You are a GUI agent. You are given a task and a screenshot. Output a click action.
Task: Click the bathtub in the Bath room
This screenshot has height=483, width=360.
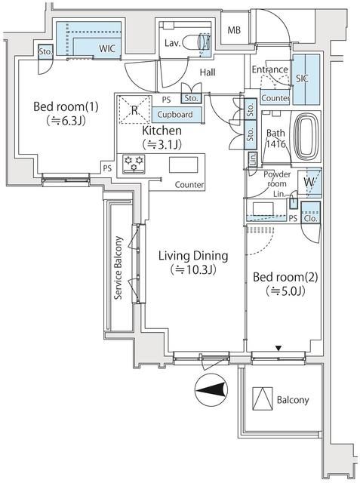pyautogui.click(x=306, y=138)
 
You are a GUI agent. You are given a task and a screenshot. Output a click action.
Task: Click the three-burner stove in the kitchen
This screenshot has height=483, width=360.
pyautogui.click(x=134, y=164)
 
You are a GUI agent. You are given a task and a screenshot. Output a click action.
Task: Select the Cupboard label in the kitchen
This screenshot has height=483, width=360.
pyautogui.click(x=175, y=115)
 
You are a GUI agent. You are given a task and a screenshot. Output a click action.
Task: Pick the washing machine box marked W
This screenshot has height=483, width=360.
pyautogui.click(x=310, y=183)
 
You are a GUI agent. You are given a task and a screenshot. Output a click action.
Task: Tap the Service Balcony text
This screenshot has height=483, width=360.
pyautogui.click(x=118, y=269)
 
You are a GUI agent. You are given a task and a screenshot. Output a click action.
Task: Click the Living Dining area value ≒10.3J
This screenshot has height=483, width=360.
pyautogui.click(x=192, y=269)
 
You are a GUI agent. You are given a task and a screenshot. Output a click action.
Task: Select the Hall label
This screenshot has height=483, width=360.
pyautogui.click(x=209, y=72)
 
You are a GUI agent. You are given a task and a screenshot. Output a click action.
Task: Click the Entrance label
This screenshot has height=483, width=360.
pyautogui.click(x=269, y=70)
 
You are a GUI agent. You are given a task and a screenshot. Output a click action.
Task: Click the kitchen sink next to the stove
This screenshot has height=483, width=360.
pyautogui.click(x=182, y=165)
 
